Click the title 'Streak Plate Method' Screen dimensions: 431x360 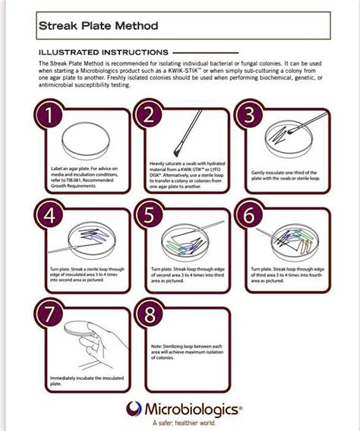tap(99, 27)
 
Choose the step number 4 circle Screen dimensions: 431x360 tap(50, 215)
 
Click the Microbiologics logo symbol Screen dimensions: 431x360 tap(134, 408)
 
